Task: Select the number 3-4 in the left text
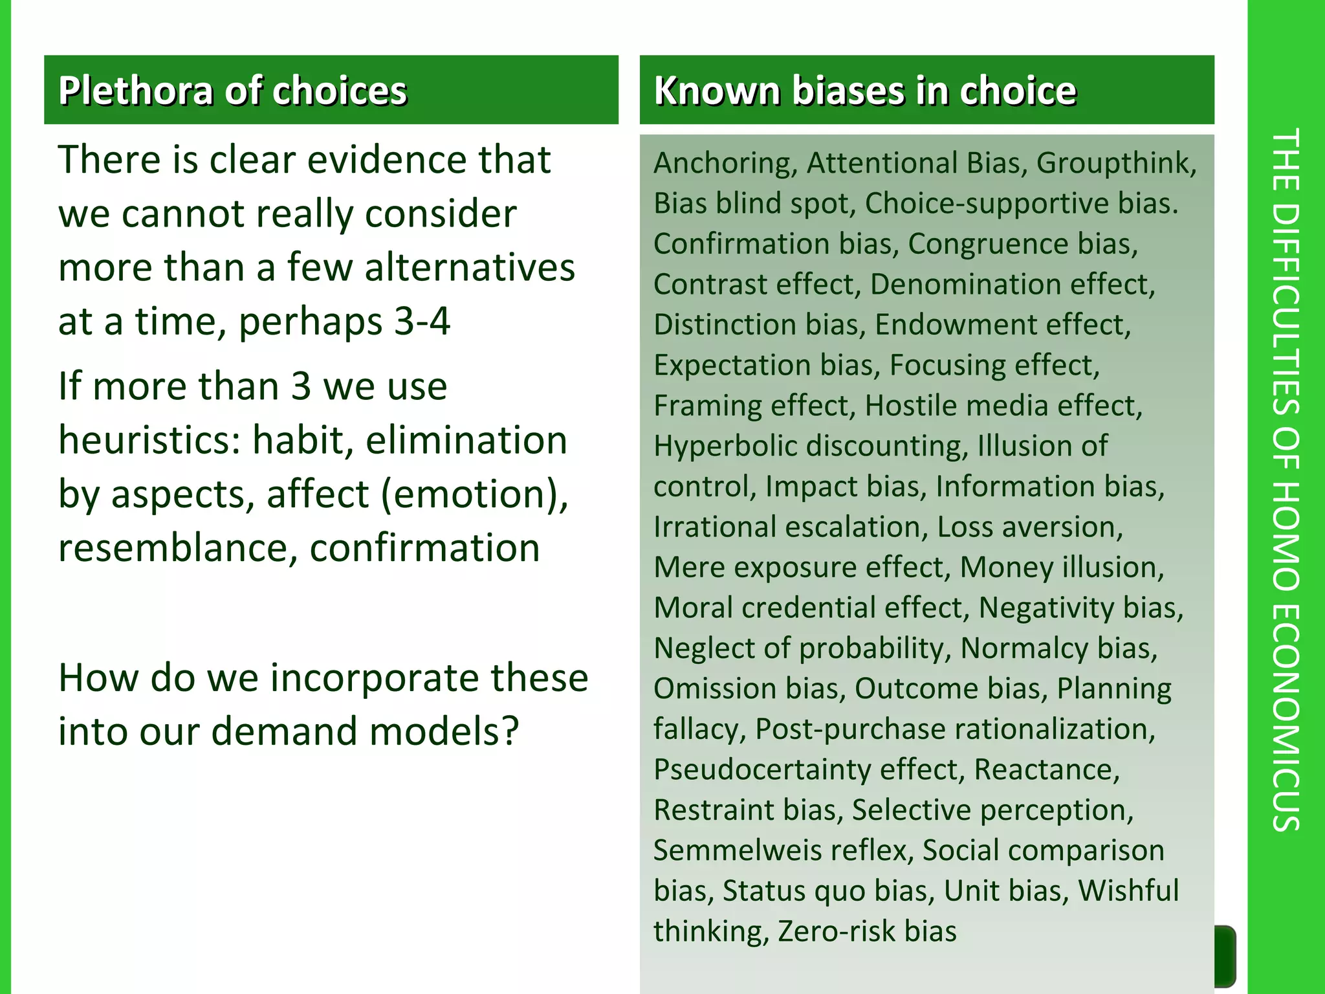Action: (422, 321)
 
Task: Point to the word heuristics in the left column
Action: (149, 440)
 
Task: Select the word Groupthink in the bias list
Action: (1116, 163)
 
